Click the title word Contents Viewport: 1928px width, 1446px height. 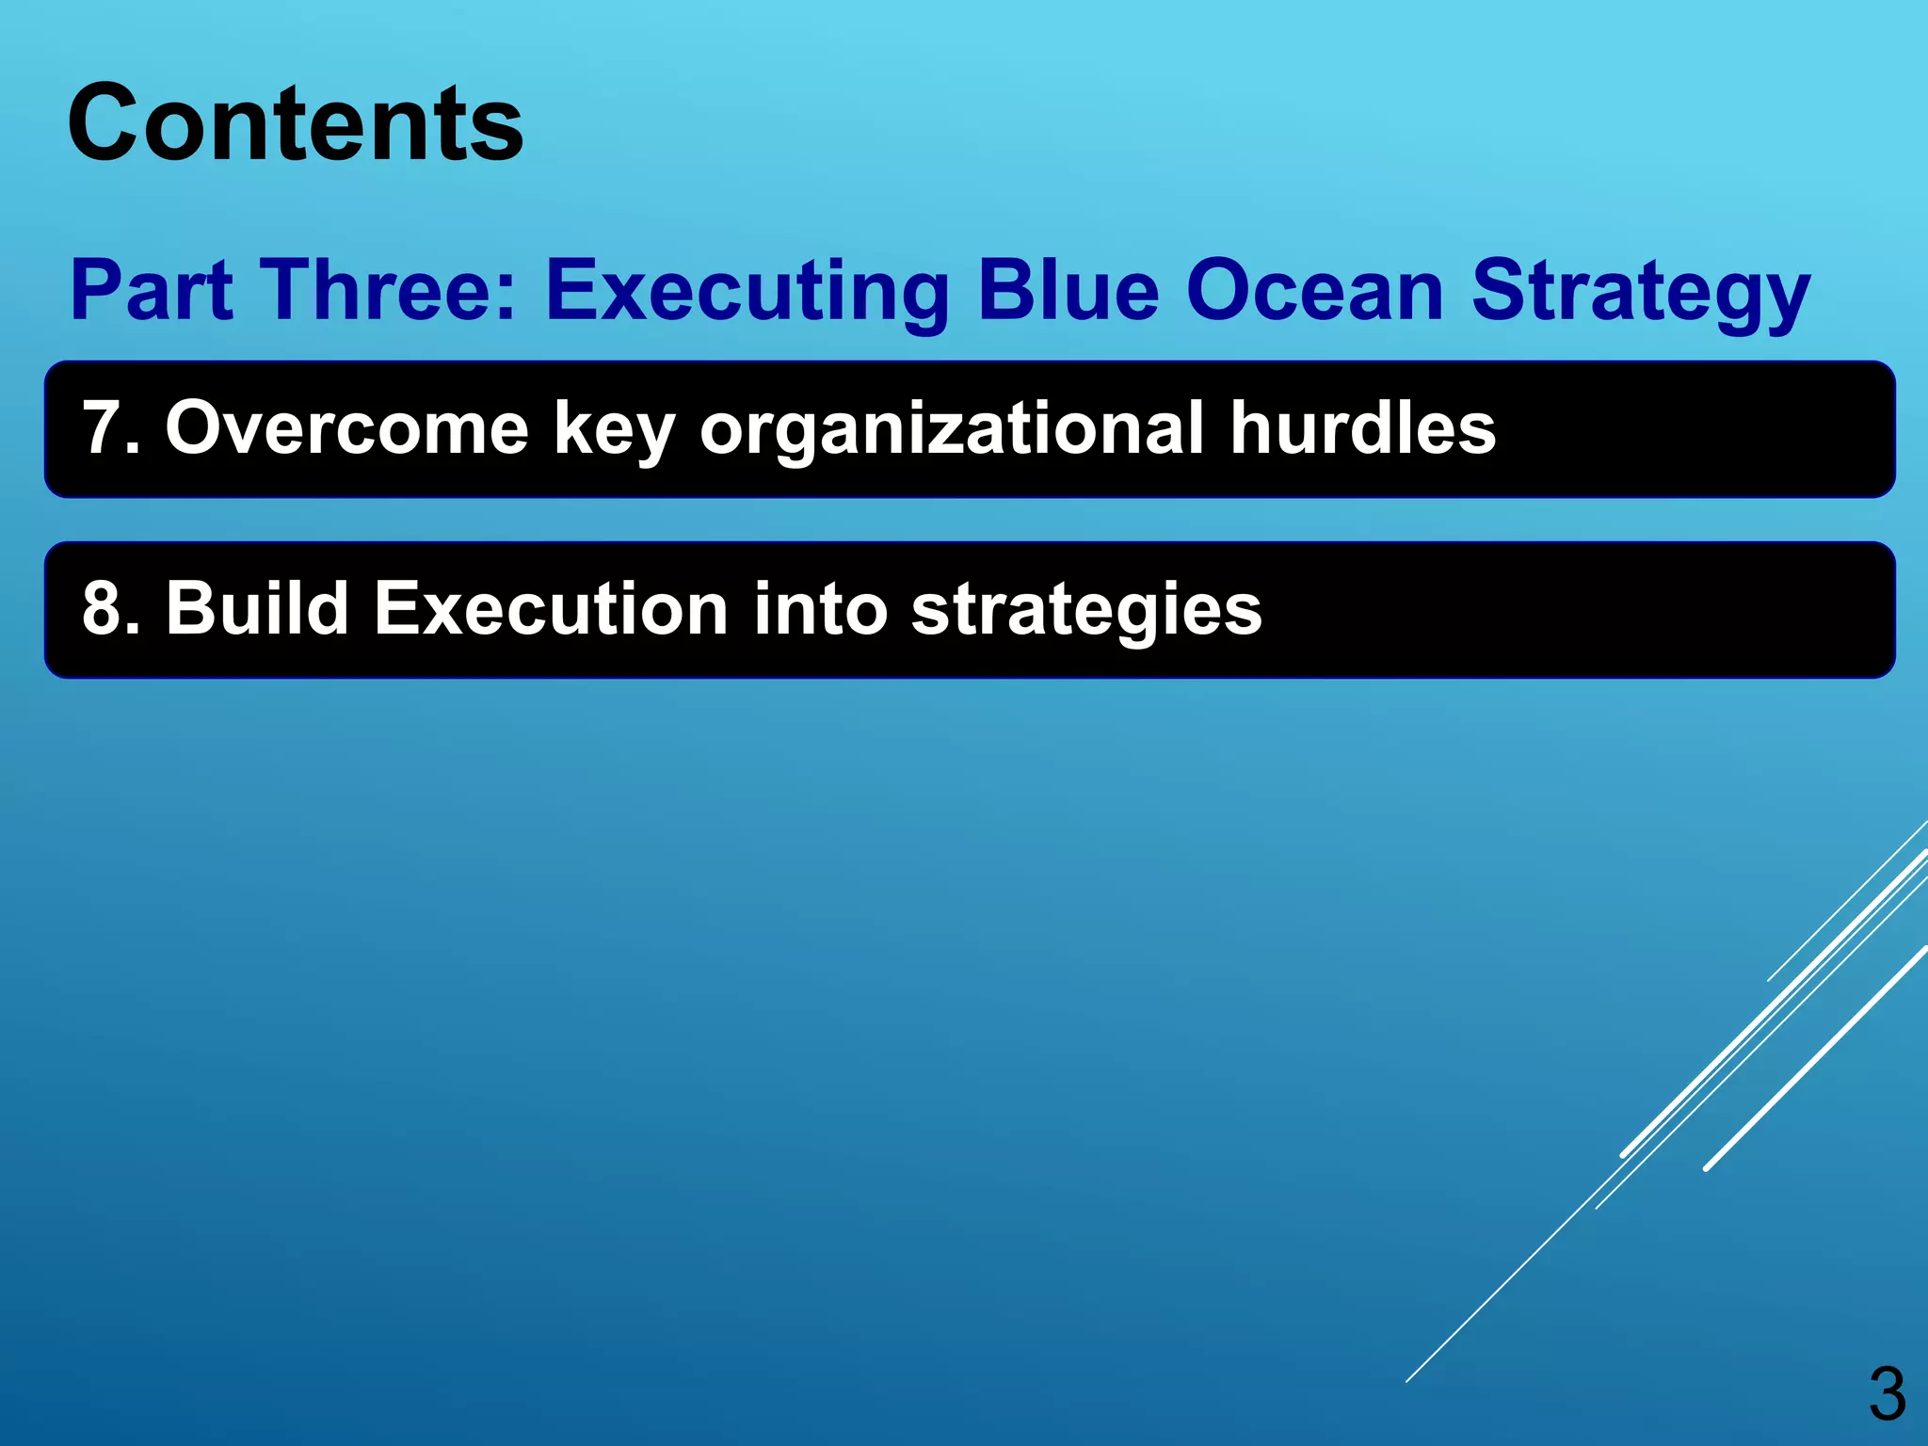(295, 124)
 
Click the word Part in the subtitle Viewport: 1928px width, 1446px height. (152, 291)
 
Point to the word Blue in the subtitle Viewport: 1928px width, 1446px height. (1068, 291)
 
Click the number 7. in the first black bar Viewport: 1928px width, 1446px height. (111, 429)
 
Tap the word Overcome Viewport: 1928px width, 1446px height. (346, 429)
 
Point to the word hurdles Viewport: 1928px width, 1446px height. (1362, 429)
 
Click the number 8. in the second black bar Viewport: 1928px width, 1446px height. (111, 610)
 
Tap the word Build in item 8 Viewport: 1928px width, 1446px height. (257, 610)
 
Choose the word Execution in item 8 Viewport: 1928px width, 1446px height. (551, 610)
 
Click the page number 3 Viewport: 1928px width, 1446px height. (1887, 1395)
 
